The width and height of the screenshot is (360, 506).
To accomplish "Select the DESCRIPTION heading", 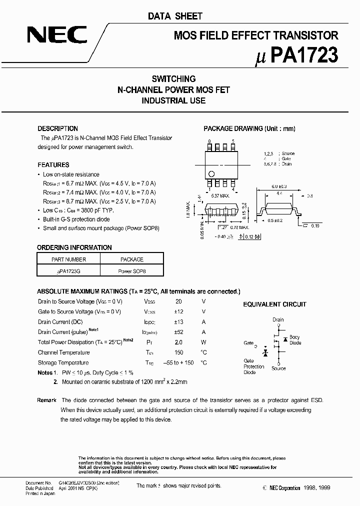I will tap(57, 128).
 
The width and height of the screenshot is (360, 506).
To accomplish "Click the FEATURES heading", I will tap(53, 164).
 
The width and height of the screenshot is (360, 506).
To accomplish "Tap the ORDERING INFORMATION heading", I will tap(74, 247).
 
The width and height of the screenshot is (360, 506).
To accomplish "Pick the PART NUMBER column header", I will tap(68, 259).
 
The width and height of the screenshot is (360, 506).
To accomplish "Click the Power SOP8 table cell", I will tap(132, 271).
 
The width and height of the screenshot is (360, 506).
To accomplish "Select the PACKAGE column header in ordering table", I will tap(132, 259).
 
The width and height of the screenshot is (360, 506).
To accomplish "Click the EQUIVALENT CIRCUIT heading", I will tap(274, 304).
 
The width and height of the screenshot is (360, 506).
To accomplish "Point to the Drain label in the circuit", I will tap(278, 319).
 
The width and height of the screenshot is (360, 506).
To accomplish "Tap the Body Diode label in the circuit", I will tap(295, 340).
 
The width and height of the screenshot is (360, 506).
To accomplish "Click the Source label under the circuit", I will tap(278, 368).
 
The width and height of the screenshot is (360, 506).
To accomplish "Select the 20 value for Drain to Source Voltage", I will tap(178, 301).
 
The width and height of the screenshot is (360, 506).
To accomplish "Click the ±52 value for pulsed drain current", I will tap(178, 332).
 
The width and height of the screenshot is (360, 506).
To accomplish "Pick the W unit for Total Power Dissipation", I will tap(203, 342).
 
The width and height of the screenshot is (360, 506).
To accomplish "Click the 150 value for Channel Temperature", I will tap(178, 352).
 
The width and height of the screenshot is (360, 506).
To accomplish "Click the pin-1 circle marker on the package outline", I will tap(211, 174).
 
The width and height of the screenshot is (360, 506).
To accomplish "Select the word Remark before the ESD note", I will tap(46, 400).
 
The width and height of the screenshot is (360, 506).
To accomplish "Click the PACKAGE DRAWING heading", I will tap(249, 128).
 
